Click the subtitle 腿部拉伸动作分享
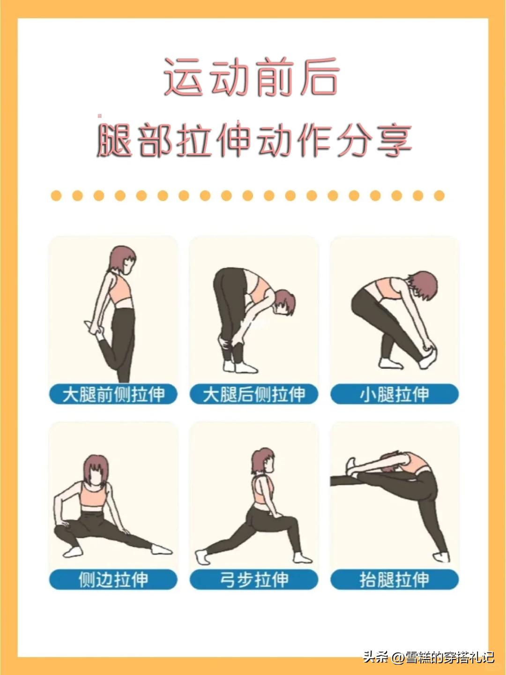(254, 140)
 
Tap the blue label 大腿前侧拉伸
(113, 394)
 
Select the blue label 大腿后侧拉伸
(254, 394)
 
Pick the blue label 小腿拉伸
(394, 394)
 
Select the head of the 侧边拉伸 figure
(96, 470)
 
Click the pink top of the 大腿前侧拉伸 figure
(122, 290)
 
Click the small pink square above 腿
(99, 116)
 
